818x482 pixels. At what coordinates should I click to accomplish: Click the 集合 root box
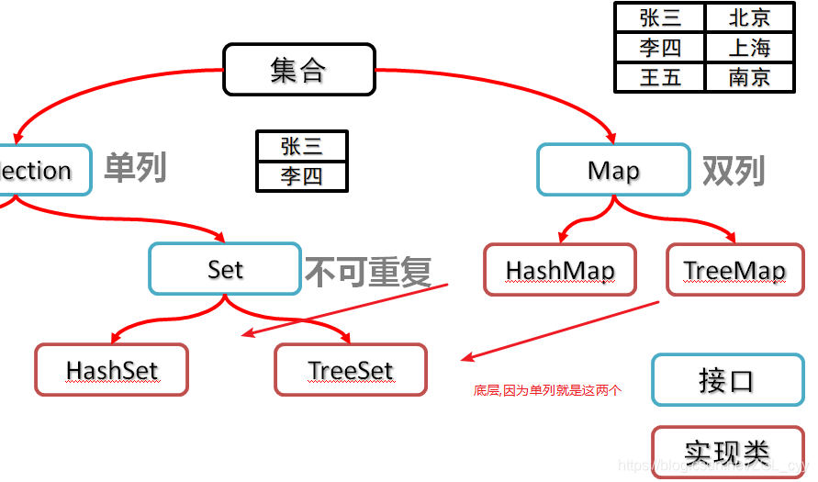(x=299, y=69)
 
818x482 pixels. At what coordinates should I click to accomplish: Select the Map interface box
(x=613, y=170)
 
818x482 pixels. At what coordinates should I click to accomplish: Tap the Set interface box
(x=225, y=269)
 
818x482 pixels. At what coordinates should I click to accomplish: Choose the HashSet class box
(x=111, y=370)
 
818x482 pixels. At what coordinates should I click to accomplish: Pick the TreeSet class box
(x=351, y=370)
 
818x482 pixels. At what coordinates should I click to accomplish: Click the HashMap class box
(x=560, y=270)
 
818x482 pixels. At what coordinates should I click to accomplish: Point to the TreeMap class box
(x=734, y=270)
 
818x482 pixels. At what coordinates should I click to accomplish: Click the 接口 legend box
(x=725, y=380)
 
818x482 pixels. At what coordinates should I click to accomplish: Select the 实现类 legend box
(x=725, y=452)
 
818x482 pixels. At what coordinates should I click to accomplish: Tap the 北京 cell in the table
(x=749, y=17)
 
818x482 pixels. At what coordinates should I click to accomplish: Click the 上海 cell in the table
(x=749, y=47)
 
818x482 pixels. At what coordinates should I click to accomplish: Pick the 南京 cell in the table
(x=749, y=77)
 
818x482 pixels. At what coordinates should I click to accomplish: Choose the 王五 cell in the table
(x=660, y=77)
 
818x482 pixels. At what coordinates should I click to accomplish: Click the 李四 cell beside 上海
(x=660, y=47)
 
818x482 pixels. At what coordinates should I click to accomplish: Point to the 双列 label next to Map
(x=733, y=171)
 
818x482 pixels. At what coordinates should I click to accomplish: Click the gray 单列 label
(x=135, y=168)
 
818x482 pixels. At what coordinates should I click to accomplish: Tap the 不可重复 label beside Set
(x=367, y=271)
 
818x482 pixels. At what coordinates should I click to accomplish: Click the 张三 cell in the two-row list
(x=301, y=146)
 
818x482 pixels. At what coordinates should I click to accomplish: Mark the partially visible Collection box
(x=41, y=170)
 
